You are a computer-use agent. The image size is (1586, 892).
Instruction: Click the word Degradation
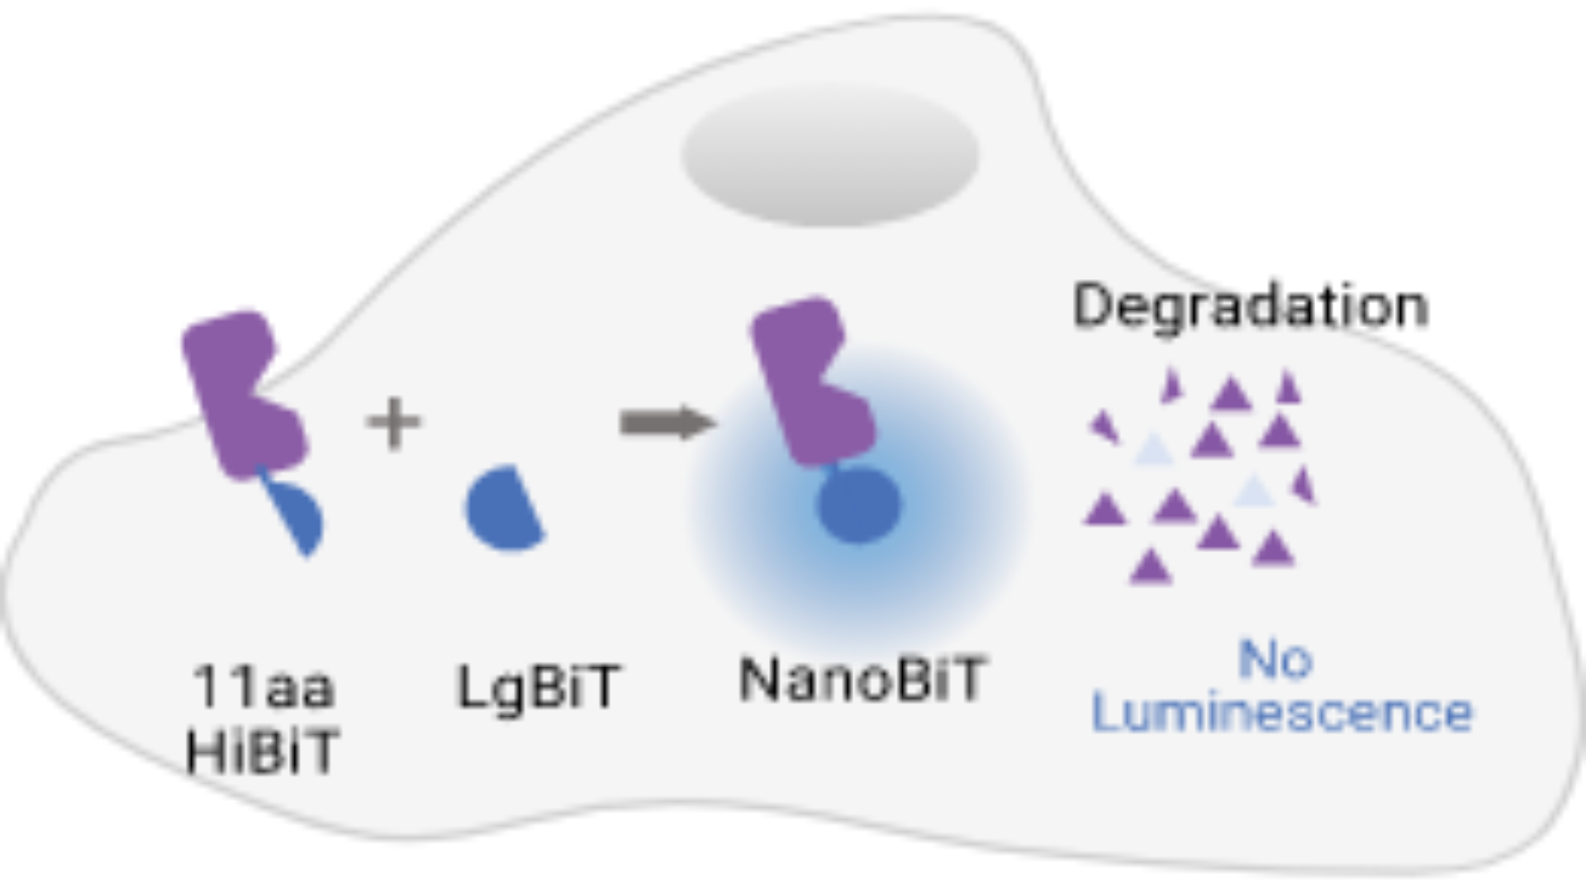[x=1250, y=306]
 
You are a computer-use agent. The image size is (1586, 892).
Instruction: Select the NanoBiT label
[x=862, y=680]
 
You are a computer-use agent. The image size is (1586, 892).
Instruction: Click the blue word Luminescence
[x=1282, y=712]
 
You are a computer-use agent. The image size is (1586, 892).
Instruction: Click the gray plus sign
[x=394, y=423]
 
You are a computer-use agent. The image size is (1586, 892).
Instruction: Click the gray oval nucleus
[x=829, y=154]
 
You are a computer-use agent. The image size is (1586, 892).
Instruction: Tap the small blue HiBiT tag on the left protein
[x=297, y=516]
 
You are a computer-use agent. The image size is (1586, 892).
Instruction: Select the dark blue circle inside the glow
[x=859, y=505]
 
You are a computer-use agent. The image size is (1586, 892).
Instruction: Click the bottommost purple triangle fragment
[x=1150, y=567]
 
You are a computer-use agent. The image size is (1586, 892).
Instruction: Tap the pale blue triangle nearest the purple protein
[x=1154, y=451]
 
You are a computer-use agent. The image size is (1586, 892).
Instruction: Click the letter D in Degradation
[x=1091, y=306]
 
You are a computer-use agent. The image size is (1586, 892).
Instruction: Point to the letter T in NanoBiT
[x=965, y=680]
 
